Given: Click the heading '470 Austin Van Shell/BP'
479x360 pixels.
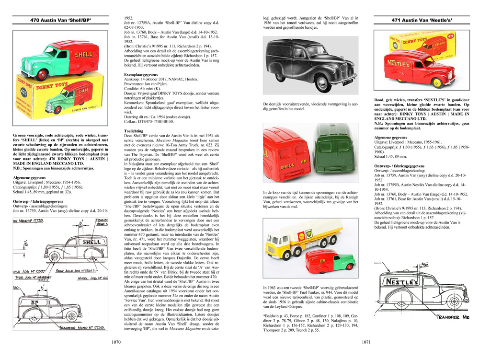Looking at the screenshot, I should pyautogui.click(x=60, y=21).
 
